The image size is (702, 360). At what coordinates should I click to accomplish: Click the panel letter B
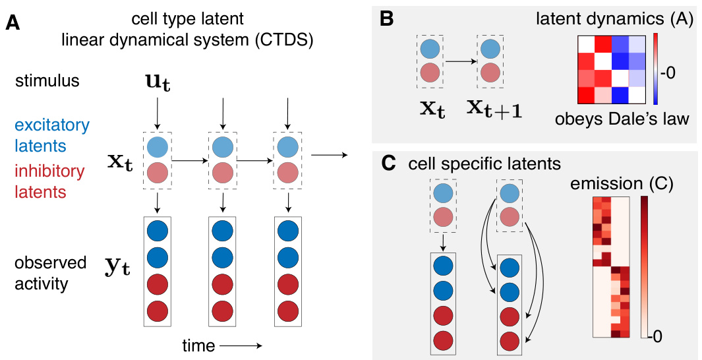[x=387, y=19]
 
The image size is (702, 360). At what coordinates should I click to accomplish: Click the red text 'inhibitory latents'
[x=49, y=181]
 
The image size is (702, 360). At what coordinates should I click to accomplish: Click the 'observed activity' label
[x=50, y=272]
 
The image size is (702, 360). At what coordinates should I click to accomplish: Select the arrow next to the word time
[x=241, y=345]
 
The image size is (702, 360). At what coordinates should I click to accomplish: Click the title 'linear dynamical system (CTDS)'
[x=186, y=40]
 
